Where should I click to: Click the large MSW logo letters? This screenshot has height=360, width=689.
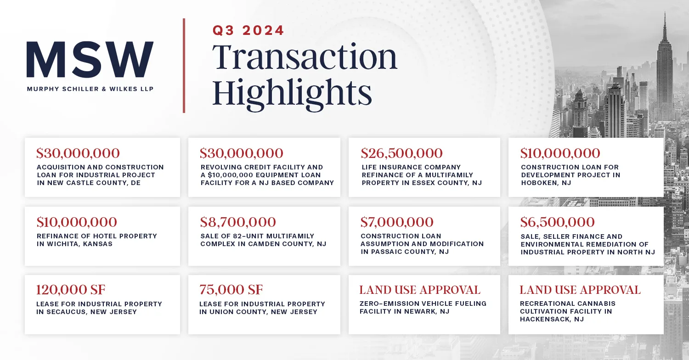pyautogui.click(x=90, y=60)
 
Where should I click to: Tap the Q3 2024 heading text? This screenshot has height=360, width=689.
pyautogui.click(x=248, y=31)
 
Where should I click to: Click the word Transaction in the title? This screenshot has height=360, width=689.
pyautogui.click(x=304, y=57)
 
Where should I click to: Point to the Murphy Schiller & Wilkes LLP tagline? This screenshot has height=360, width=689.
pyautogui.click(x=90, y=89)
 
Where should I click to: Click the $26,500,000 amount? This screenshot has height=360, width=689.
pyautogui.click(x=401, y=153)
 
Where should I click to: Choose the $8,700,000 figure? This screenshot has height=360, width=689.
pyautogui.click(x=238, y=222)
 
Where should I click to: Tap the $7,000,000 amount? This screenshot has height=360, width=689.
pyautogui.click(x=397, y=222)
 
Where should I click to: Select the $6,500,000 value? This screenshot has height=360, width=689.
pyautogui.click(x=557, y=222)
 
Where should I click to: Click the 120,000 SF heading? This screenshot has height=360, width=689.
pyautogui.click(x=71, y=290)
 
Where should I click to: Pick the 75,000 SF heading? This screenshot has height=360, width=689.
pyautogui.click(x=231, y=290)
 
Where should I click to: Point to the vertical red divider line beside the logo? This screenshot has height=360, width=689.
pyautogui.click(x=184, y=65)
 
